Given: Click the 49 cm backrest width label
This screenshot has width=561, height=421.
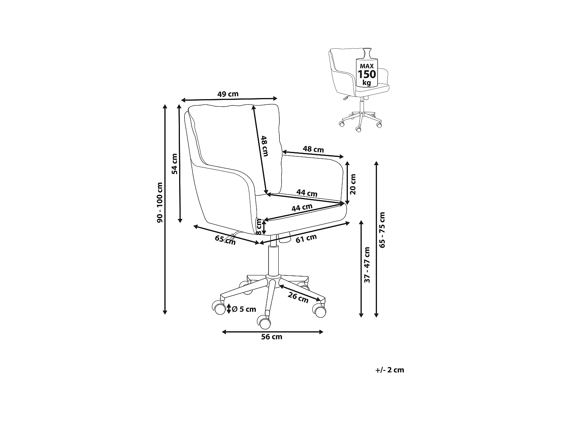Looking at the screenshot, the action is [228, 94].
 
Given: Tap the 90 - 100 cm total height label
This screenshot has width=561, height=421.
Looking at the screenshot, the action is [160, 202].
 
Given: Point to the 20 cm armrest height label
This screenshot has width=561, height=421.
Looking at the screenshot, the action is [353, 184].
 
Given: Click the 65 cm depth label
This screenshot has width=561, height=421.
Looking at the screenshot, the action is [226, 240].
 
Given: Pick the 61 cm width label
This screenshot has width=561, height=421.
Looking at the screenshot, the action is [306, 238].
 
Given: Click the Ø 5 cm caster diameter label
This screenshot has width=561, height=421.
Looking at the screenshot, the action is [244, 309].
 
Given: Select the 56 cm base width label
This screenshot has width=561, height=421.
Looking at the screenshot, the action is [272, 337].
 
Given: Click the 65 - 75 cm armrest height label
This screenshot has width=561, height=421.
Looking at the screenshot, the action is [382, 230].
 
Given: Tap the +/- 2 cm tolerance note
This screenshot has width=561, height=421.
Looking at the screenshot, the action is [390, 370].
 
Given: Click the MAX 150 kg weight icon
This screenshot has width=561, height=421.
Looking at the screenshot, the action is [367, 73].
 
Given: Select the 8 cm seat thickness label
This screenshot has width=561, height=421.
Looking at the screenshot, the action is [259, 227].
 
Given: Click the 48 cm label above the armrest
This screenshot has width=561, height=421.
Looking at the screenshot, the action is [313, 149].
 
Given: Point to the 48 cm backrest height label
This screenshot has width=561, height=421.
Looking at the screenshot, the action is [265, 146].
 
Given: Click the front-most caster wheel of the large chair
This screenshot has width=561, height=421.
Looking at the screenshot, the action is [264, 322].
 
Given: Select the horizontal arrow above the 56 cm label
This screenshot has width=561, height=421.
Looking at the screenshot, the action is [272, 332].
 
